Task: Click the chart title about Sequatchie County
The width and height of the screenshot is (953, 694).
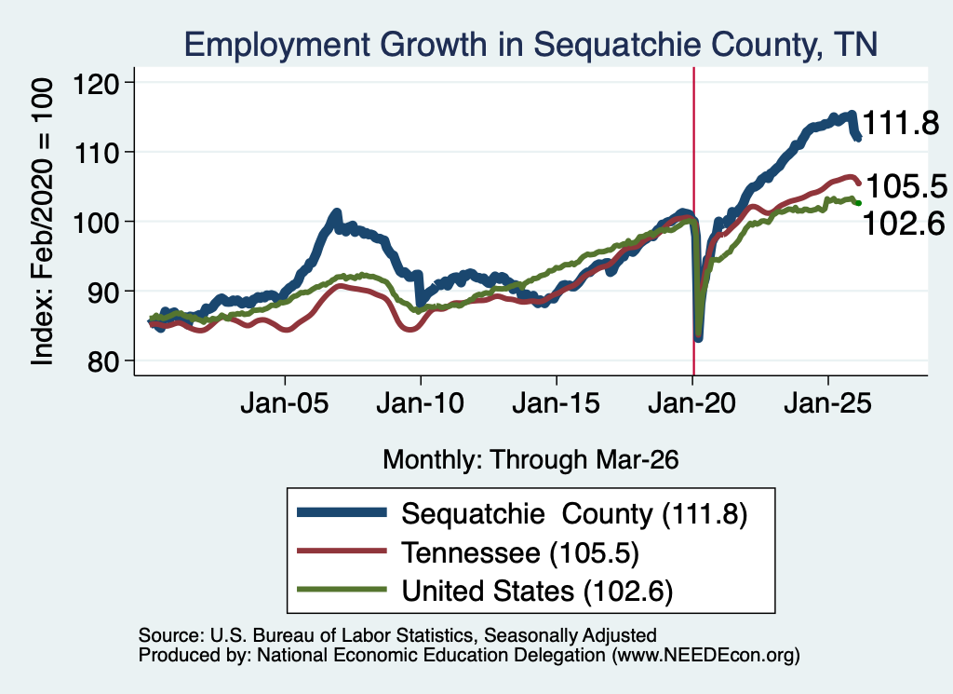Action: click(x=530, y=45)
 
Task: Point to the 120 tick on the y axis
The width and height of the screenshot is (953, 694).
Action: click(x=96, y=83)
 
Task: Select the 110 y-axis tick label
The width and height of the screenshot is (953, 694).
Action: click(x=96, y=152)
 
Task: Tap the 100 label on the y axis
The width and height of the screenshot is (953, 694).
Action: click(x=96, y=222)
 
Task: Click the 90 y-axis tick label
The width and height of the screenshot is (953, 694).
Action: click(x=103, y=292)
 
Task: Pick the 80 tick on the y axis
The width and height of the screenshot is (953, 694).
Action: click(x=103, y=361)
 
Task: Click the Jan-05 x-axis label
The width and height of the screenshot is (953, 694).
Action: click(x=285, y=403)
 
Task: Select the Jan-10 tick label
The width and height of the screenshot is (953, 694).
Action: click(x=420, y=403)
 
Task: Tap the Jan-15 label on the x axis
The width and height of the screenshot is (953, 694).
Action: click(x=557, y=403)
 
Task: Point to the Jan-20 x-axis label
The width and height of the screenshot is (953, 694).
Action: click(x=692, y=403)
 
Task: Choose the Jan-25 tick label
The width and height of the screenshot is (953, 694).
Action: click(x=827, y=403)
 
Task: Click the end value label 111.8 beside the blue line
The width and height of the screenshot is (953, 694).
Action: click(x=901, y=123)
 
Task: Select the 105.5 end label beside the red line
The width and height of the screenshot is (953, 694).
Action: click(x=906, y=186)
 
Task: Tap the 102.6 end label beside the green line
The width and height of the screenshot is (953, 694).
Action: click(x=904, y=224)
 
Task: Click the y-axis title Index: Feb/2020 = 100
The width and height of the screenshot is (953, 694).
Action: click(x=42, y=222)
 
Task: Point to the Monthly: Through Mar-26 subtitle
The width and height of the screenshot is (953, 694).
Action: click(x=530, y=460)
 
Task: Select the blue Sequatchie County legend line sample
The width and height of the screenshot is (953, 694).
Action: click(x=342, y=512)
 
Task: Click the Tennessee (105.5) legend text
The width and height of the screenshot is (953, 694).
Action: click(x=520, y=553)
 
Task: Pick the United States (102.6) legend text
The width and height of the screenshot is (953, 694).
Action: click(x=537, y=591)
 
